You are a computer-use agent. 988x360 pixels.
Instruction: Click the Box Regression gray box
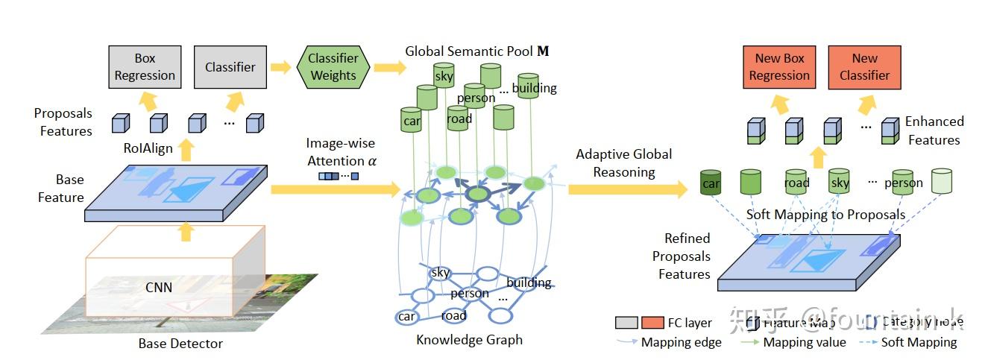(145, 66)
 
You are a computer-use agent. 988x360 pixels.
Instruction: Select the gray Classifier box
(230, 66)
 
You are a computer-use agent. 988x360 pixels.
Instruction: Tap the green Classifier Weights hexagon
(333, 66)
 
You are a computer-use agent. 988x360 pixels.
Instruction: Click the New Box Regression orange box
(779, 66)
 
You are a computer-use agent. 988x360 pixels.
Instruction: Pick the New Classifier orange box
(865, 66)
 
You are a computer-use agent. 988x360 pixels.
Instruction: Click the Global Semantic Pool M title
(477, 51)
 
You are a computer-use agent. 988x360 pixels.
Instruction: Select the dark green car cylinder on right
(711, 183)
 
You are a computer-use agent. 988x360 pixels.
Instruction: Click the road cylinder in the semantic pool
(459, 119)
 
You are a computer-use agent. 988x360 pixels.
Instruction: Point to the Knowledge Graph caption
(469, 340)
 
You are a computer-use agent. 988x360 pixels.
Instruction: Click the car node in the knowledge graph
(406, 317)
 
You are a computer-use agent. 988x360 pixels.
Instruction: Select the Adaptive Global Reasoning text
(623, 163)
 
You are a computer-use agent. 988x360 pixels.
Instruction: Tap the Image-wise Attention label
(340, 151)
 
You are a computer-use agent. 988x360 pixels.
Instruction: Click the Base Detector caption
(180, 344)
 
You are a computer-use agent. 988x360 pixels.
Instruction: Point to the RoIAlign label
(148, 148)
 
